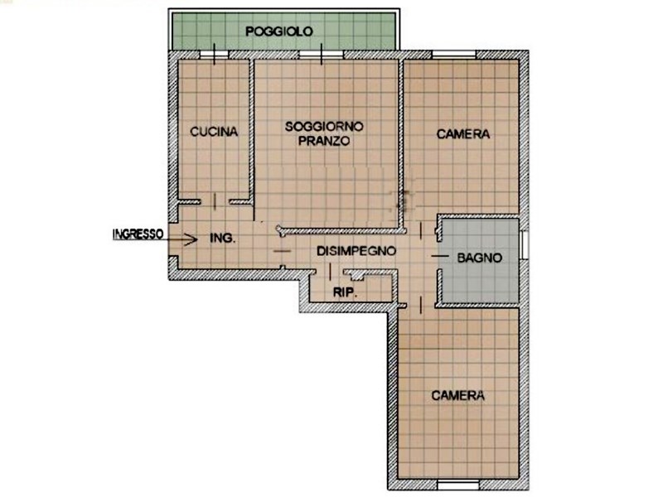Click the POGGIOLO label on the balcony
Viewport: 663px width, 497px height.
[x=278, y=31]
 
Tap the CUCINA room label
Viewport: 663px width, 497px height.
[x=214, y=132]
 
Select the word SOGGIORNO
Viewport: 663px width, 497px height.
[x=323, y=127]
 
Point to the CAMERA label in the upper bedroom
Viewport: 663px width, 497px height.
[x=463, y=133]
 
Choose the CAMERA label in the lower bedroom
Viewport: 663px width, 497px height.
[x=457, y=396]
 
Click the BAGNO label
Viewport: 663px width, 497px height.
[x=480, y=258]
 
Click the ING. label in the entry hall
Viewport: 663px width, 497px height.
[x=223, y=239]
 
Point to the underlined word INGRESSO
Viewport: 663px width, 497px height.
[x=138, y=234]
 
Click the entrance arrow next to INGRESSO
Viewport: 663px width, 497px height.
[x=185, y=239]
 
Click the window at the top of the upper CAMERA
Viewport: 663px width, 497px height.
[x=453, y=55]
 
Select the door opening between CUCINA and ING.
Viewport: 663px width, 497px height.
[x=215, y=201]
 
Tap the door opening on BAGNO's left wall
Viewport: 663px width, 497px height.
[x=438, y=258]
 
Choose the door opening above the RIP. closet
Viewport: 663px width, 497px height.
[x=330, y=272]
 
